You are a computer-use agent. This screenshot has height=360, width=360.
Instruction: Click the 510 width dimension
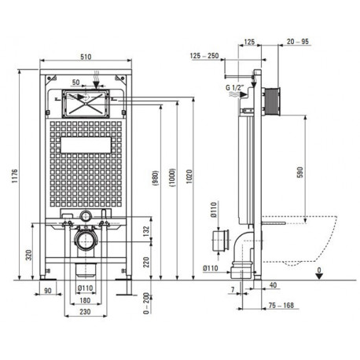click(86, 57)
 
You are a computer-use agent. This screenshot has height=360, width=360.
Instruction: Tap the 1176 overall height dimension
click(14, 176)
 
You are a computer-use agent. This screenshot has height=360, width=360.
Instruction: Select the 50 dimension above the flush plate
click(75, 82)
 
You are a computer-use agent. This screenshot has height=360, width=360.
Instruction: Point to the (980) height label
click(155, 178)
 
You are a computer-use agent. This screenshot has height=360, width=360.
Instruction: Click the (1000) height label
click(172, 178)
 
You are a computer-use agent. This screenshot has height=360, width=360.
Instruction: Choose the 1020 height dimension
click(189, 176)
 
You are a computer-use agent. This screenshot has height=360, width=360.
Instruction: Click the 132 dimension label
click(146, 231)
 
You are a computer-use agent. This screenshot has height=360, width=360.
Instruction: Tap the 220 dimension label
click(146, 262)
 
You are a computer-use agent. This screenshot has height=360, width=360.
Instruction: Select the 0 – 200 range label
click(146, 303)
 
